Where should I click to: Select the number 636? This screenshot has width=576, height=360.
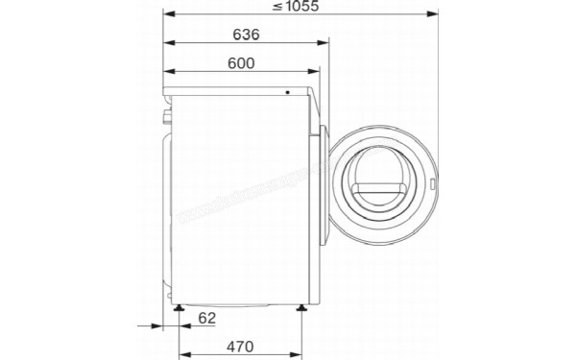(247, 36)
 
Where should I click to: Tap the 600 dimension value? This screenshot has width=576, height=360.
(241, 63)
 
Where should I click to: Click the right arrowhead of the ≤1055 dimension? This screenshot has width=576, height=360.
(437, 15)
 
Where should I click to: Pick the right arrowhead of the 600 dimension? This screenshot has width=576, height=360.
(315, 72)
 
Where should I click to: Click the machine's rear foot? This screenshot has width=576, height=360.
(179, 308)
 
